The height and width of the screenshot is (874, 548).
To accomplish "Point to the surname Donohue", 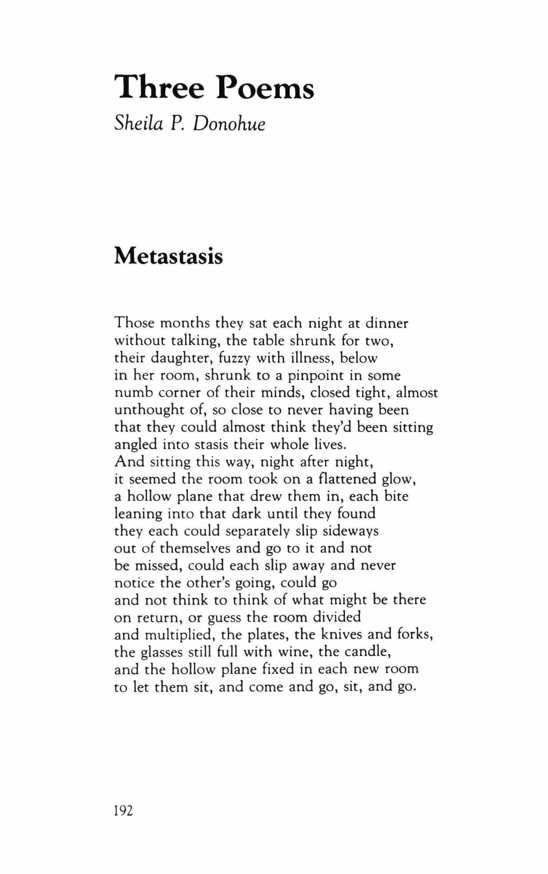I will point(229,124).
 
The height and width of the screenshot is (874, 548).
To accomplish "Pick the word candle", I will point(367,652).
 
